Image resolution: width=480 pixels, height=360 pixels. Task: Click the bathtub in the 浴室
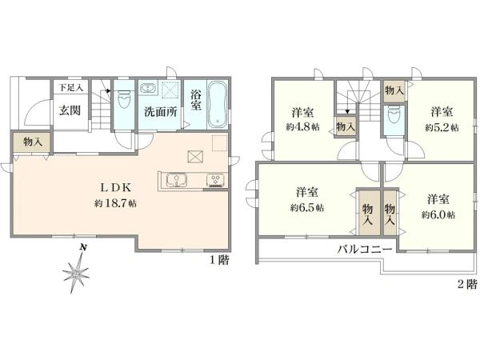(x=217, y=105)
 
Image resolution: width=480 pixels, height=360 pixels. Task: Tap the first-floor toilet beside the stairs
(x=124, y=99)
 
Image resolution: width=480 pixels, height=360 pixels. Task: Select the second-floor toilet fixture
(x=394, y=115)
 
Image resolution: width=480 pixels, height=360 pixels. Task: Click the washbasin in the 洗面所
(x=148, y=88)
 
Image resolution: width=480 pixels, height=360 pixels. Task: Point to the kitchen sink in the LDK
(x=177, y=180)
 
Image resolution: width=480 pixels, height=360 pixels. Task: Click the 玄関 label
(x=70, y=110)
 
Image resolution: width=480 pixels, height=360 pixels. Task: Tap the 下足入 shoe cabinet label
(x=70, y=88)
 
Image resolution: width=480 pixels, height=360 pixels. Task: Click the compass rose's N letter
(x=82, y=247)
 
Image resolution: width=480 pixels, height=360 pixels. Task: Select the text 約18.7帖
(x=115, y=203)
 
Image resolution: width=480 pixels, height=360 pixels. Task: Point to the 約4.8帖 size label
(x=302, y=127)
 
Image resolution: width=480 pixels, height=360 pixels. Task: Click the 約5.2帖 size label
(x=442, y=127)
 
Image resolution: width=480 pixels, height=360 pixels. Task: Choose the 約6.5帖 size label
(x=307, y=208)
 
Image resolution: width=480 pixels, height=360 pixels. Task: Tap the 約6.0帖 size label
(x=438, y=215)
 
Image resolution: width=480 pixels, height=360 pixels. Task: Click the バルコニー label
(x=365, y=250)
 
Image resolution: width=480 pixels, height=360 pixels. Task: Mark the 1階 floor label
(x=219, y=260)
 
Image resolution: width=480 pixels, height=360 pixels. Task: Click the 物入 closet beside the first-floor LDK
(x=32, y=142)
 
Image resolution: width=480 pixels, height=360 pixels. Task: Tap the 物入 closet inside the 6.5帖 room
(x=367, y=213)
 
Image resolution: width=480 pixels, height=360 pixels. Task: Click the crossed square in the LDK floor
(x=195, y=157)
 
